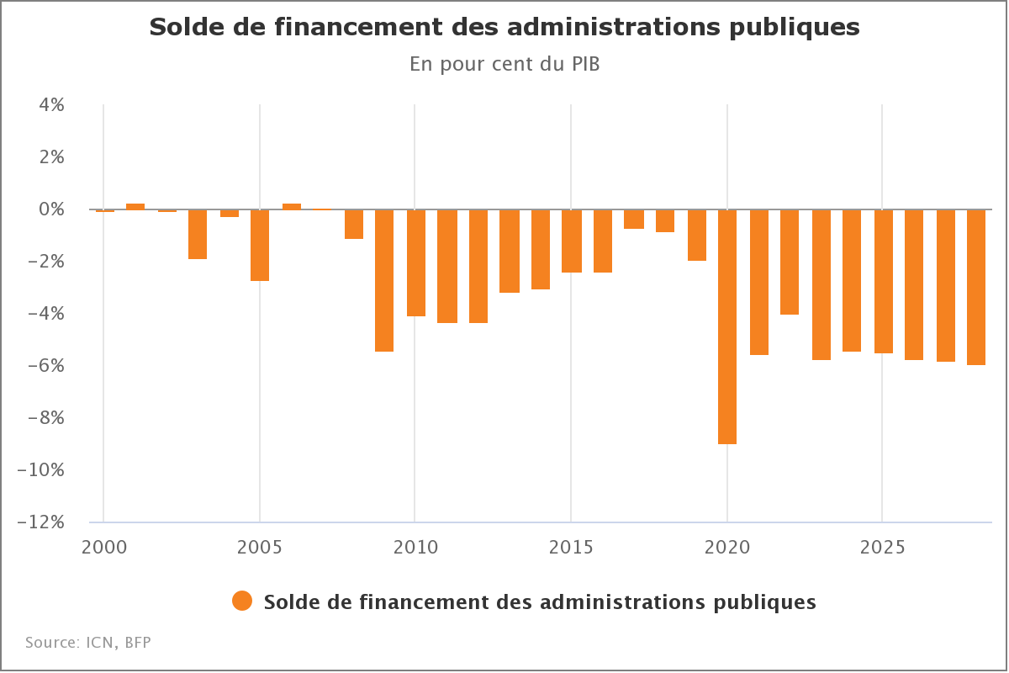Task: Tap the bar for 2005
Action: (x=260, y=245)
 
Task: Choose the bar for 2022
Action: (x=790, y=262)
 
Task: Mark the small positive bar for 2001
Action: (x=135, y=206)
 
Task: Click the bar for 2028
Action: (x=976, y=287)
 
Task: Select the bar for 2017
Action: (x=634, y=219)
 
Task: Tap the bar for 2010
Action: (x=416, y=262)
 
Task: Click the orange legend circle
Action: (x=242, y=601)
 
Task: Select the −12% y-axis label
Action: (x=42, y=522)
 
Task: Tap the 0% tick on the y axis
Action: (x=50, y=209)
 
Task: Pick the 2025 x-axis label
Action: (x=882, y=548)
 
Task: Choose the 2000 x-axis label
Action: (x=104, y=548)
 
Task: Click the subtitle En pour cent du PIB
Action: (x=504, y=65)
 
